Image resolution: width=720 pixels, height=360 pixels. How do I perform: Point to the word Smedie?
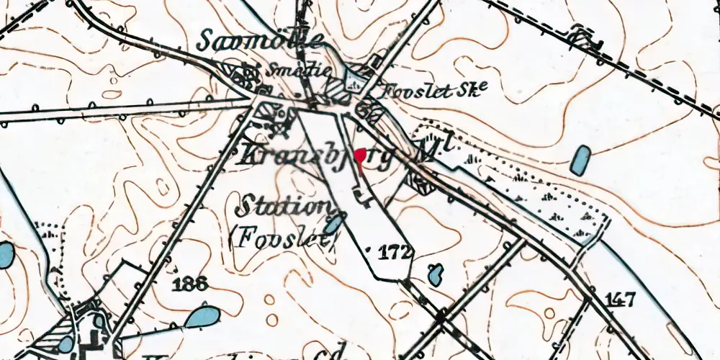pos(299,71)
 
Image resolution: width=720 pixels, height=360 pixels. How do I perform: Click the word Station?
pos(282,207)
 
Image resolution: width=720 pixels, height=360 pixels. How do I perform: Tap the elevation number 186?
pos(191,284)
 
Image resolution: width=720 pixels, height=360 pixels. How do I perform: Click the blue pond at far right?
pos(580,160)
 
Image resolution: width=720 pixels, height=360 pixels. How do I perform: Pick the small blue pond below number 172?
pos(435,274)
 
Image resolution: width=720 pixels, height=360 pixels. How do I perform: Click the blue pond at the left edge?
pos(6,253)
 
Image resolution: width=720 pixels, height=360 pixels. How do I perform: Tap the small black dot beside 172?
pos(370,251)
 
